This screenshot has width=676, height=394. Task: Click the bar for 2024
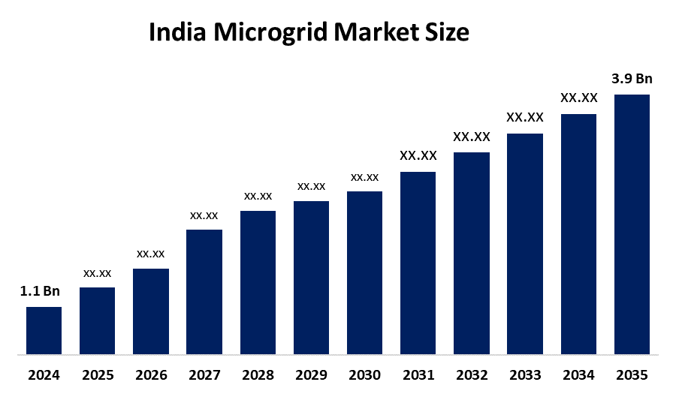(x=44, y=330)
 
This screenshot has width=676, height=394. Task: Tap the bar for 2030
(x=364, y=272)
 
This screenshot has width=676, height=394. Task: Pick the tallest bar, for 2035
(x=632, y=224)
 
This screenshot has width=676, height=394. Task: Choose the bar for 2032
(x=472, y=253)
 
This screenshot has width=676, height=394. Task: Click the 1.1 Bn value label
(x=40, y=291)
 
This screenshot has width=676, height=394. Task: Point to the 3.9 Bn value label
(x=632, y=79)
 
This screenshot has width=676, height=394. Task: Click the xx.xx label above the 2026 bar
(x=150, y=254)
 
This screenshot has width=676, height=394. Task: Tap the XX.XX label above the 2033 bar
(x=524, y=117)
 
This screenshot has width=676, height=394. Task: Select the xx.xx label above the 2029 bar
(x=311, y=186)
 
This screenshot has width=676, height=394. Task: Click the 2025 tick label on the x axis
(x=97, y=374)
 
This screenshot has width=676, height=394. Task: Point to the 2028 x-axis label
(x=258, y=374)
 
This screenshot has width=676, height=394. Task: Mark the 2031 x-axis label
(x=418, y=374)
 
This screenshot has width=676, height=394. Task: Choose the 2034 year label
(x=578, y=374)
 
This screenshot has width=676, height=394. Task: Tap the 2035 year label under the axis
(x=632, y=374)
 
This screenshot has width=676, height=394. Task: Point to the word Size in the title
(x=448, y=33)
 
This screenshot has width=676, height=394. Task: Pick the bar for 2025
(x=97, y=320)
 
